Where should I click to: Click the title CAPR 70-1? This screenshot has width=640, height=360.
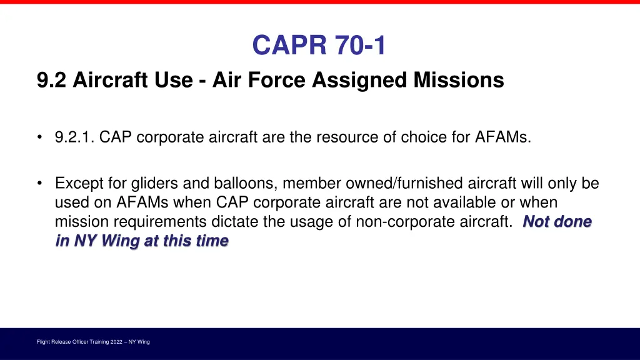[319, 46]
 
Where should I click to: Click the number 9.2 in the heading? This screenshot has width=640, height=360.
[52, 81]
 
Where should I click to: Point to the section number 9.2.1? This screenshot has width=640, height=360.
[74, 137]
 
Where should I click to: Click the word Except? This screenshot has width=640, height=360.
[75, 184]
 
